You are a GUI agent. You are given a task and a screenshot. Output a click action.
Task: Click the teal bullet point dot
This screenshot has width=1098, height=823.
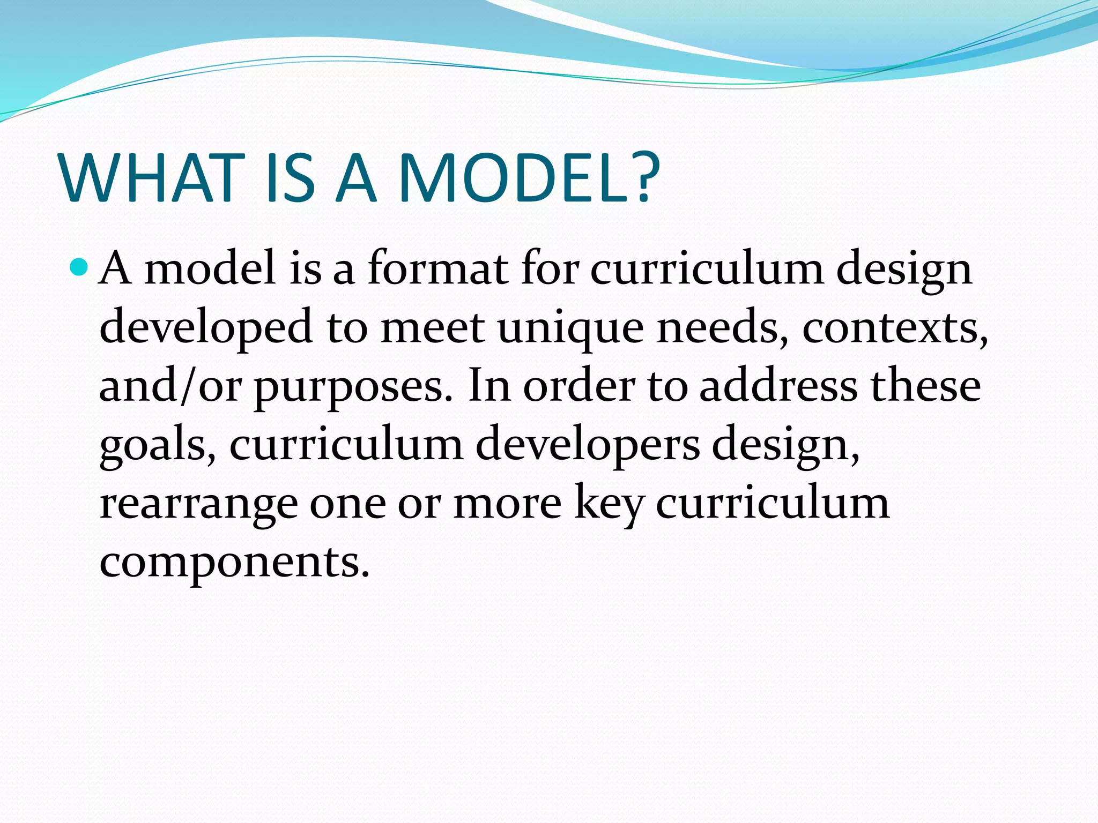coord(79,266)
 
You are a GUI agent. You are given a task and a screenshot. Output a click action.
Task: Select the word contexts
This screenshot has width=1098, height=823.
coord(895,327)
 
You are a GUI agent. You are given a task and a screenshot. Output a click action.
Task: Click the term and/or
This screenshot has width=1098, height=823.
coord(170,386)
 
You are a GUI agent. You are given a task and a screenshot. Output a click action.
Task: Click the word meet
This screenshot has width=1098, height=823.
coord(433,327)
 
